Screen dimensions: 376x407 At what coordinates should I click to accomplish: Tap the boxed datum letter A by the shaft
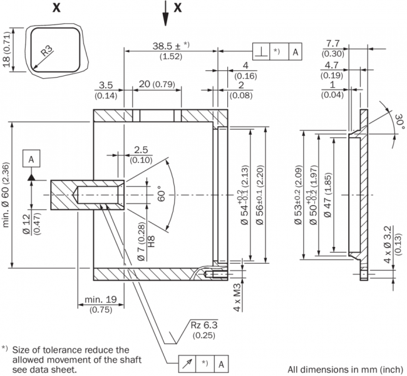(31, 159)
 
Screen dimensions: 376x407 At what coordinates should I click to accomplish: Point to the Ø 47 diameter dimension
(329, 199)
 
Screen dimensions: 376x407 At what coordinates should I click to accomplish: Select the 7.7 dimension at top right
(332, 43)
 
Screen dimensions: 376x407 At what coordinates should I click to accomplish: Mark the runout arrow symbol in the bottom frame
(187, 363)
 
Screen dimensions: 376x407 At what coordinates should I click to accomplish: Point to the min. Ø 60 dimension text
(6, 194)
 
